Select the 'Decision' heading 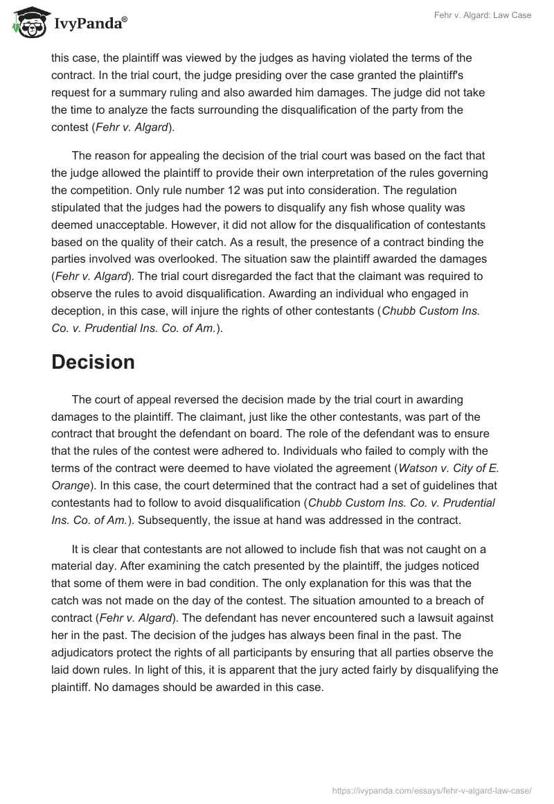(93, 362)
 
